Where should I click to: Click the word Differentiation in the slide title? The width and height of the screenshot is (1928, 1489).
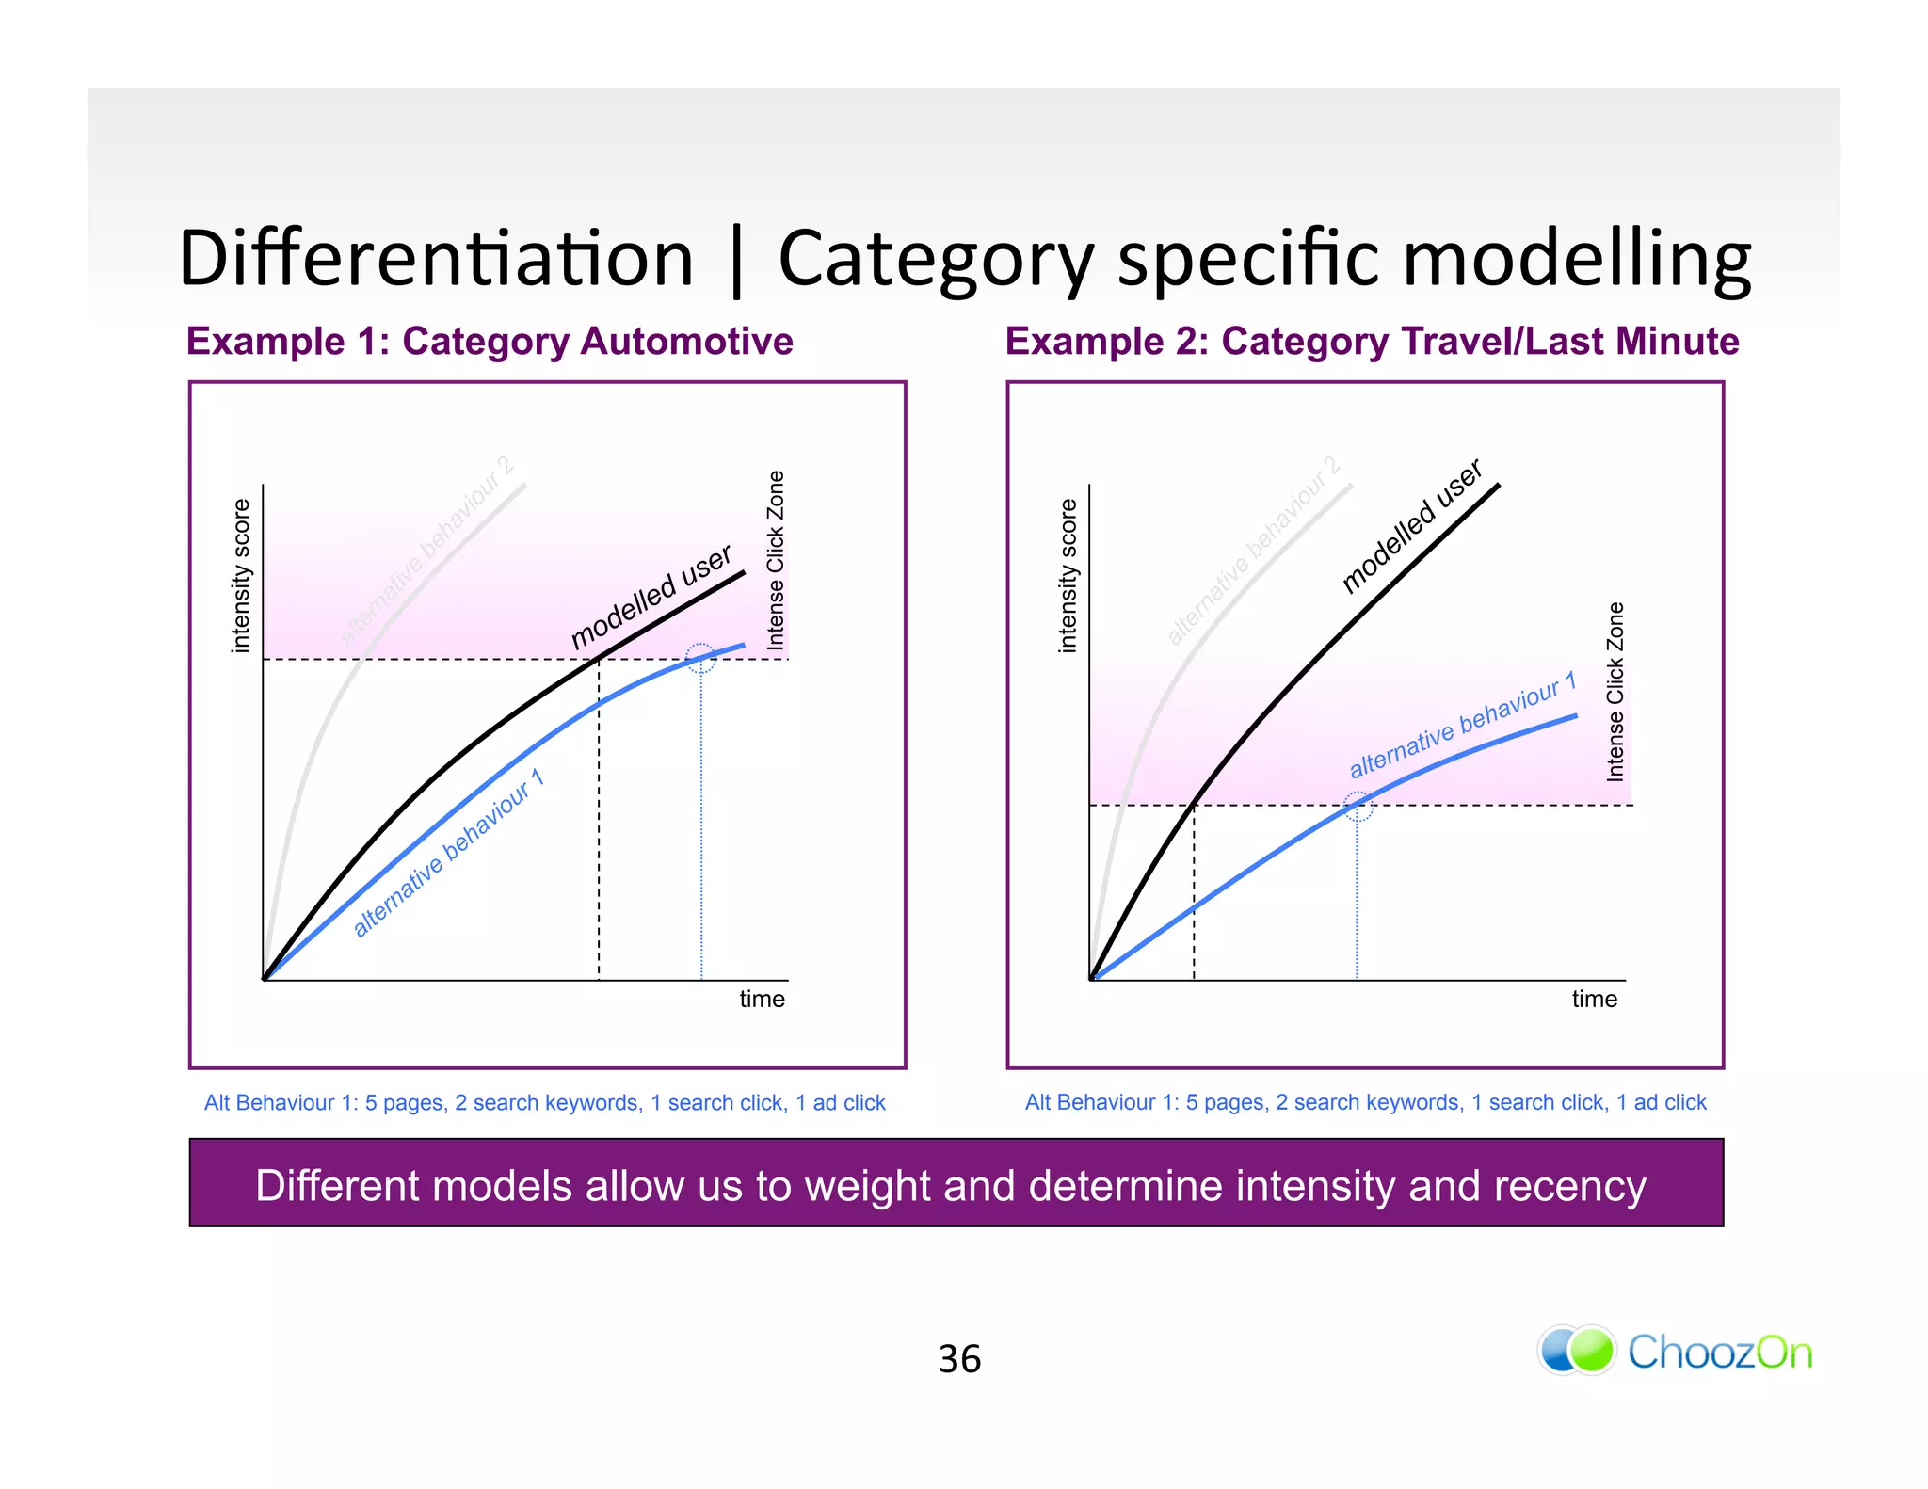(x=436, y=259)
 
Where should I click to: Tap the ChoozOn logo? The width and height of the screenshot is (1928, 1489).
(x=1675, y=1352)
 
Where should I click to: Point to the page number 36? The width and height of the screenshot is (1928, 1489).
(x=959, y=1359)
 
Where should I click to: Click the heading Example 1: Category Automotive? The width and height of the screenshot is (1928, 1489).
(x=490, y=341)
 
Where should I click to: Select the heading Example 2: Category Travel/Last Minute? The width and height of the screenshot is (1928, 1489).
(x=1372, y=341)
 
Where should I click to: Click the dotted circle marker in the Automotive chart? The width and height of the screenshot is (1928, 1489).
(x=700, y=658)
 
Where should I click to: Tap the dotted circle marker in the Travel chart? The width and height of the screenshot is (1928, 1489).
(x=1357, y=806)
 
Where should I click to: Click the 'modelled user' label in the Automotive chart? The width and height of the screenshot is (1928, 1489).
(x=651, y=597)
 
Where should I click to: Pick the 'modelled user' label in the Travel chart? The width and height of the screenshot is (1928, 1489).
(x=1411, y=527)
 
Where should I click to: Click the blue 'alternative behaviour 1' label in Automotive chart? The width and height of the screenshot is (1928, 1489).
(x=448, y=853)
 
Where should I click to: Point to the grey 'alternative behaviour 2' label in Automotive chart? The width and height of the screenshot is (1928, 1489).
(x=427, y=551)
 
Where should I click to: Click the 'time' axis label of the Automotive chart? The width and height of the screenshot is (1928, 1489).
(x=762, y=999)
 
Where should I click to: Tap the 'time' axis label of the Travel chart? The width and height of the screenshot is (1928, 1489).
(x=1594, y=999)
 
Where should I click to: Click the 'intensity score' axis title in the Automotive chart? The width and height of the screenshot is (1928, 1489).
(x=241, y=576)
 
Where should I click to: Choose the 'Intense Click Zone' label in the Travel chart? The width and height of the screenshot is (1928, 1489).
(x=1615, y=692)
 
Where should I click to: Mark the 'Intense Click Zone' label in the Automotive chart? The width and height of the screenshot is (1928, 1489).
(x=776, y=560)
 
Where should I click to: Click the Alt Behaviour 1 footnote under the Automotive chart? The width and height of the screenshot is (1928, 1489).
(x=545, y=1102)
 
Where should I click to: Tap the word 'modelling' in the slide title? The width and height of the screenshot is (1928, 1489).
(x=1577, y=259)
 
